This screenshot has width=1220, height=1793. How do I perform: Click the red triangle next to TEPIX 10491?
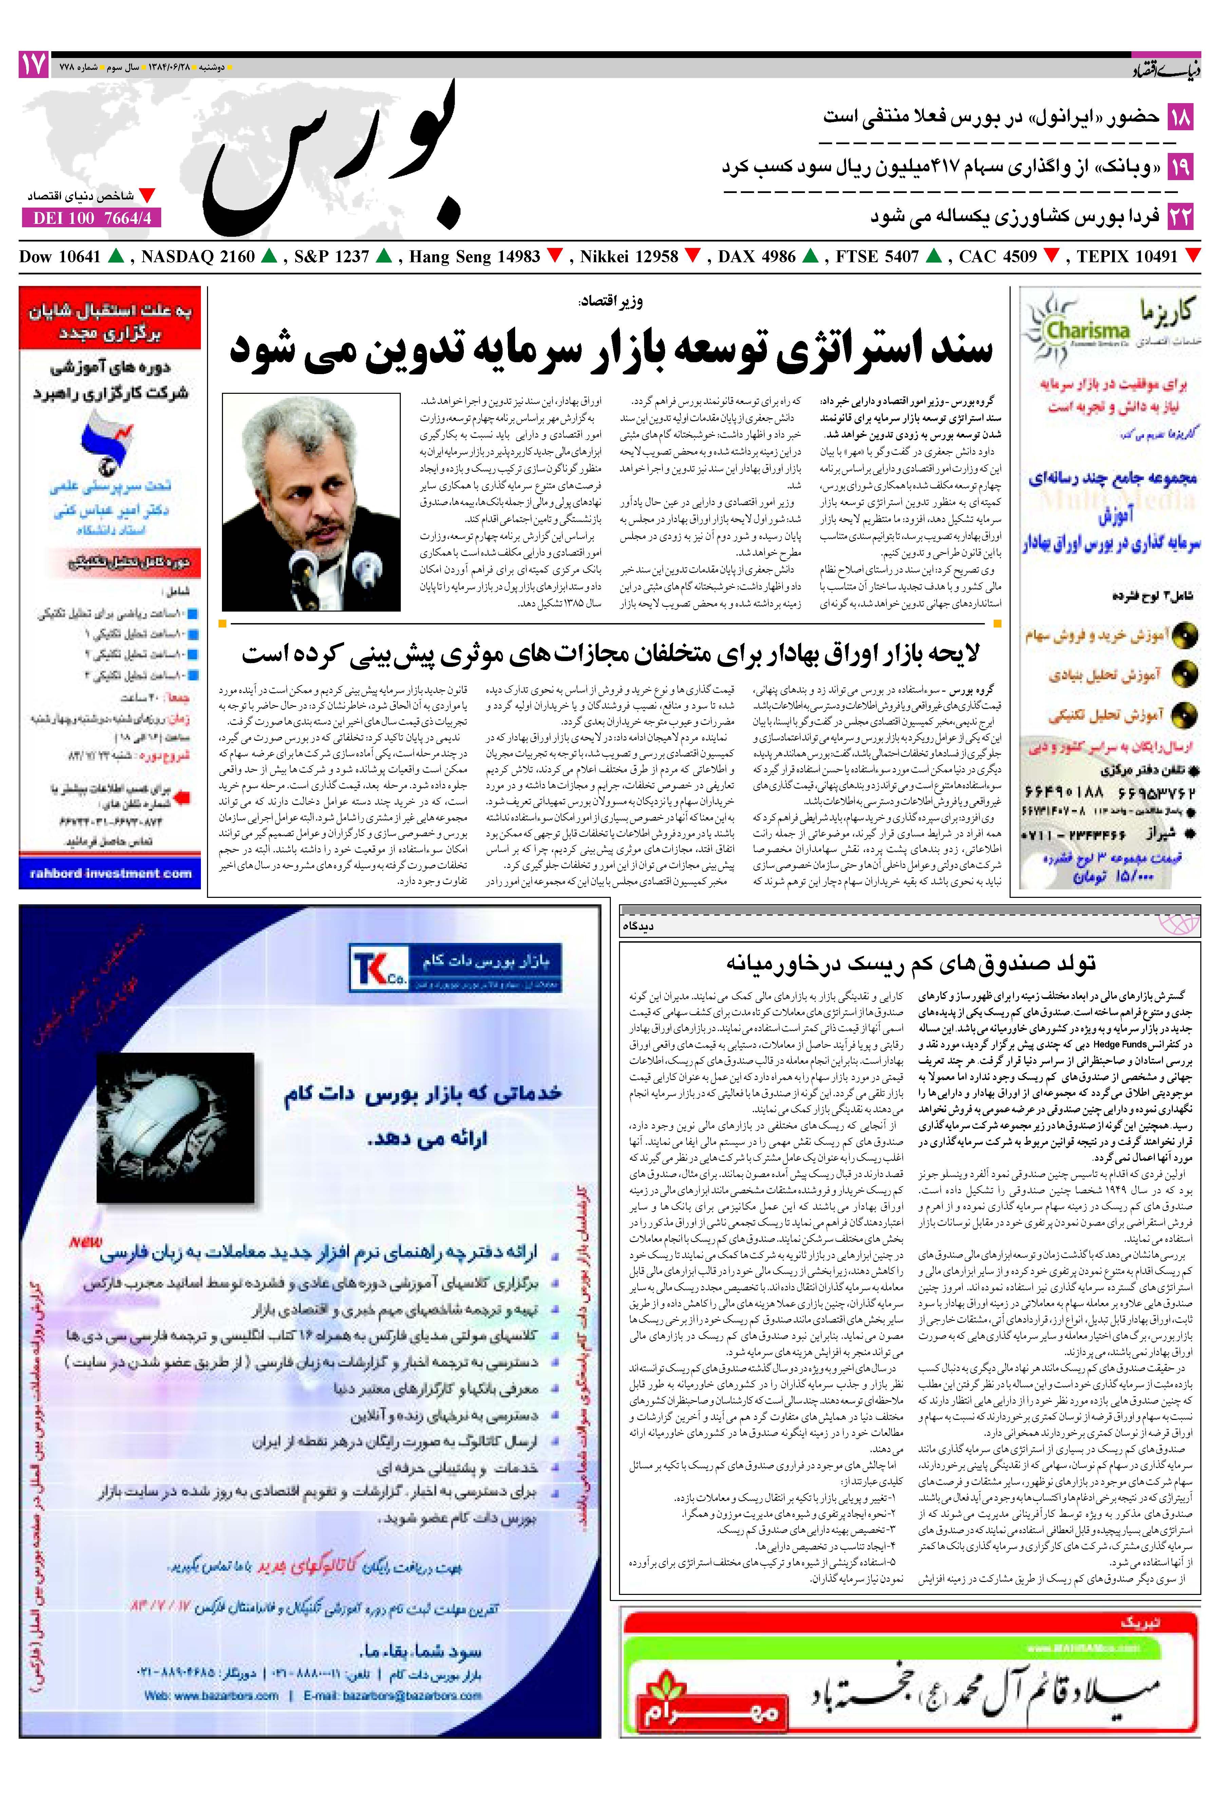pyautogui.click(x=1192, y=255)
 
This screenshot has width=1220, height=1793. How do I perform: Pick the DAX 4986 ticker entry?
pyautogui.click(x=756, y=257)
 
